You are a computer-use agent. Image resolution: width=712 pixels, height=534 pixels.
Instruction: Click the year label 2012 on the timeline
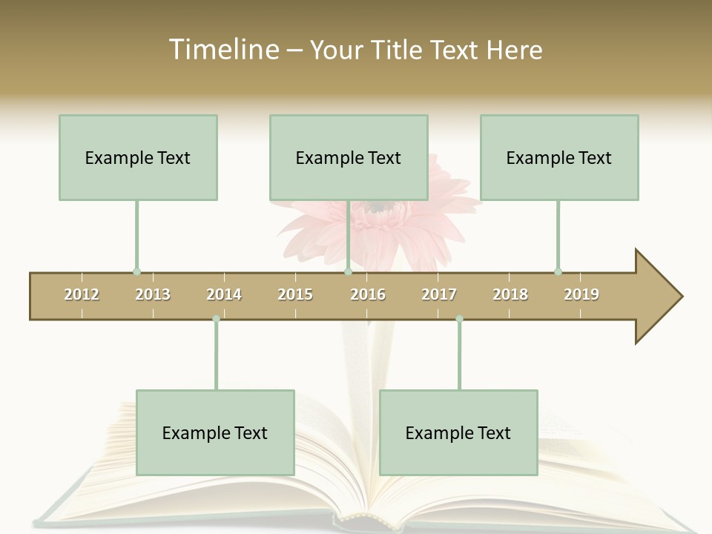[x=82, y=294]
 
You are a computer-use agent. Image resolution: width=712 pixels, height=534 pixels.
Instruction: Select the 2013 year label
[x=153, y=294]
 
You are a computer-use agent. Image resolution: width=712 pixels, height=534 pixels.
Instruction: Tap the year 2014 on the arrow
[x=224, y=294]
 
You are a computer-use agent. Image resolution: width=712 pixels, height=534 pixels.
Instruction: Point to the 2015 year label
[x=295, y=294]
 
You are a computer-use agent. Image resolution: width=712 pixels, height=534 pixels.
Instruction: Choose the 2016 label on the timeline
[x=368, y=294]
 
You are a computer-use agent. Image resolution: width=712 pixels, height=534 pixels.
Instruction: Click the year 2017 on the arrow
[x=439, y=294]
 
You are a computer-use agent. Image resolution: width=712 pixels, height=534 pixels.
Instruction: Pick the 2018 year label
[x=510, y=294]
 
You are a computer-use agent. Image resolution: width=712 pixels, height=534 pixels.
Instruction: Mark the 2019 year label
[x=581, y=294]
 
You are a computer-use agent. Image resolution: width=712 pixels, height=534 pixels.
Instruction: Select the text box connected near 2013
[x=138, y=157]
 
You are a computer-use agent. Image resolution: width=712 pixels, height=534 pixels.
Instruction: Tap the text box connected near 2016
[x=349, y=157]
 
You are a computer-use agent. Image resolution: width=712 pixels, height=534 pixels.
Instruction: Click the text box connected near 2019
[x=559, y=157]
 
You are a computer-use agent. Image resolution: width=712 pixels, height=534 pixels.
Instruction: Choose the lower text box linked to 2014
[x=215, y=432]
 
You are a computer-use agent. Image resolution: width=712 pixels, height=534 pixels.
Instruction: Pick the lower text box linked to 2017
[x=458, y=432]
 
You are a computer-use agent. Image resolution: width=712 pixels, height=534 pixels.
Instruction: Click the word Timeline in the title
[x=223, y=50]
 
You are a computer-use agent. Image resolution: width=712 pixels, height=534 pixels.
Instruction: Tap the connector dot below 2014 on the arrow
[x=216, y=319]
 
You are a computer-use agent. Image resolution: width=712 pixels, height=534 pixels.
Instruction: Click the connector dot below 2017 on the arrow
[x=459, y=319]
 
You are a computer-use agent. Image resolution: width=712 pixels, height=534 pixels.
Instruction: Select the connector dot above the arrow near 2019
[x=558, y=271]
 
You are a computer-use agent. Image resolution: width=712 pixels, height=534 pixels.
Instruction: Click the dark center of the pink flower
[x=377, y=206]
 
